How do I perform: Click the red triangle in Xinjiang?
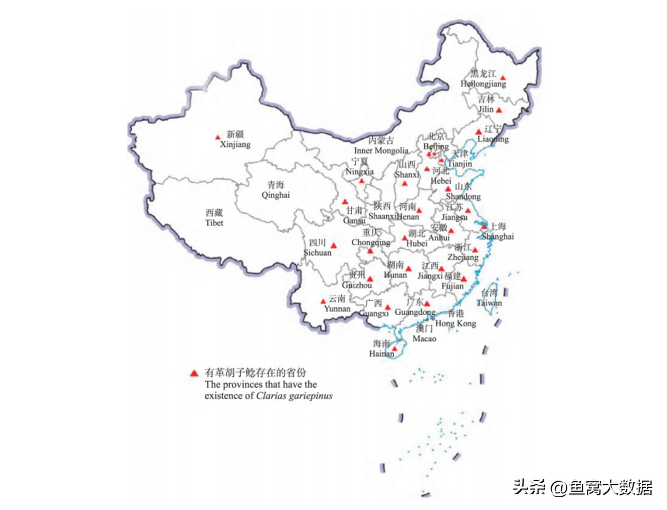click(218, 138)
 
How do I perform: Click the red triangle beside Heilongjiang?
click(503, 78)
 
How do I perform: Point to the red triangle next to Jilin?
click(499, 110)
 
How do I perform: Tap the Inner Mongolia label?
click(381, 150)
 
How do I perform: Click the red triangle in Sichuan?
click(333, 246)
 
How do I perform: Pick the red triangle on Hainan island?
click(395, 349)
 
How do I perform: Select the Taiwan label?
click(489, 303)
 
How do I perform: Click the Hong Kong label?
click(455, 323)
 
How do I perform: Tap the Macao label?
click(424, 338)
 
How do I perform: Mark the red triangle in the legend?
click(194, 374)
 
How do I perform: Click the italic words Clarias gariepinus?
click(294, 396)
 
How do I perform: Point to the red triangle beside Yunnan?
click(323, 301)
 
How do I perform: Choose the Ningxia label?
click(360, 171)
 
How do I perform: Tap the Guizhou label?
click(357, 285)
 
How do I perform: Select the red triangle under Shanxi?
click(405, 184)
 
